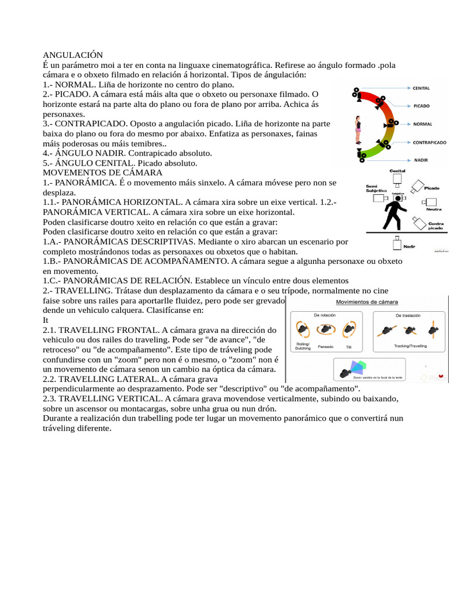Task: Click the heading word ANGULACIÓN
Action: [x=73, y=54]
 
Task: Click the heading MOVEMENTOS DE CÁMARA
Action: [x=102, y=173]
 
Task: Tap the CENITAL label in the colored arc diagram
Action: [x=421, y=88]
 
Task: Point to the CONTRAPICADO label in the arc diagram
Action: [x=430, y=142]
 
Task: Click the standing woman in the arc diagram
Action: [x=358, y=129]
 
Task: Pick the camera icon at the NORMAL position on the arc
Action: [x=389, y=124]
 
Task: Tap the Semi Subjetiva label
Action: [x=377, y=188]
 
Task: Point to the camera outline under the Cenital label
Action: [x=398, y=179]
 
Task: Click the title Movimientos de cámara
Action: [x=366, y=302]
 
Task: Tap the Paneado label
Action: [x=325, y=346]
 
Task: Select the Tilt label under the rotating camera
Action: [x=348, y=347]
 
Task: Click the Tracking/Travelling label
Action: [x=410, y=346]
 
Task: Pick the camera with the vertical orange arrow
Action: [x=434, y=331]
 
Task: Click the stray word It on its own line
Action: [x=46, y=320]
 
